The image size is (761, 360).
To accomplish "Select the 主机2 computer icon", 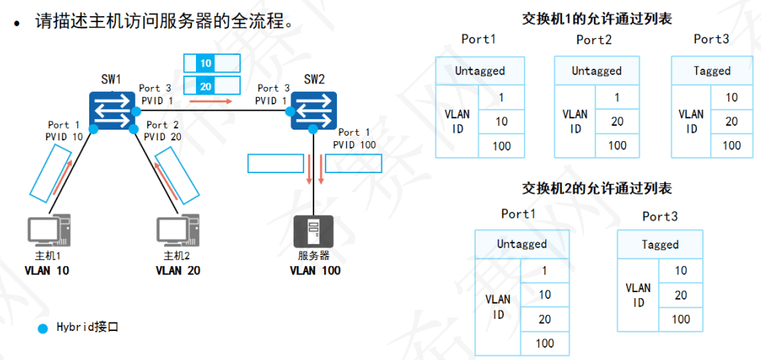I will pos(178,232).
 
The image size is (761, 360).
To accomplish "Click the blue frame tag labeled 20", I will pos(207,85).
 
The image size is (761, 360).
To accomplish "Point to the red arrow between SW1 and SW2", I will pos(210,100).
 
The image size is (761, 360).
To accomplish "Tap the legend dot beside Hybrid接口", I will pos(43,328).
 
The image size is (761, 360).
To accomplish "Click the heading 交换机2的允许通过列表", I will pos(597,188).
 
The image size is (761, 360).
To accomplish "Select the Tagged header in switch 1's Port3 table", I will pos(712,71).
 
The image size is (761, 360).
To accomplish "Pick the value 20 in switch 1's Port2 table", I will pos(617,121).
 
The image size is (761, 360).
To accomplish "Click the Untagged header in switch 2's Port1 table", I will pos(522,244).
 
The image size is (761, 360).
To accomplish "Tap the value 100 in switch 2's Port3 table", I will pos(681,320).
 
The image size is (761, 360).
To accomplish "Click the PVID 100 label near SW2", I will pos(355,144).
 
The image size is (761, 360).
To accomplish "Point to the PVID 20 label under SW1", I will pos(163,137).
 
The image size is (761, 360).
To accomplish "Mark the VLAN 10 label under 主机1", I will pos(47,270).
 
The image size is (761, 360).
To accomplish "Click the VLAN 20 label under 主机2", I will pos(178,270).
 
